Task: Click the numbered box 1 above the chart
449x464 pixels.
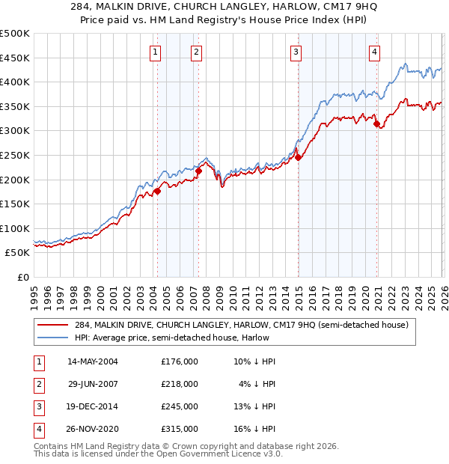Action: coord(155,52)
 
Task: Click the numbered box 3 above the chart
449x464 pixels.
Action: coord(296,52)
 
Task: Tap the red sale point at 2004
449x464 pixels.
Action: coord(158,192)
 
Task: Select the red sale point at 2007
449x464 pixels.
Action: coord(199,171)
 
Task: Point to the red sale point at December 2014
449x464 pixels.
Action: coord(298,158)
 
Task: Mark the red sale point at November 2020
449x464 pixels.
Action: coord(376,123)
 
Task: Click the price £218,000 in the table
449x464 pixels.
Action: coord(180,384)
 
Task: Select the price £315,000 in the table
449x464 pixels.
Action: coord(180,429)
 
